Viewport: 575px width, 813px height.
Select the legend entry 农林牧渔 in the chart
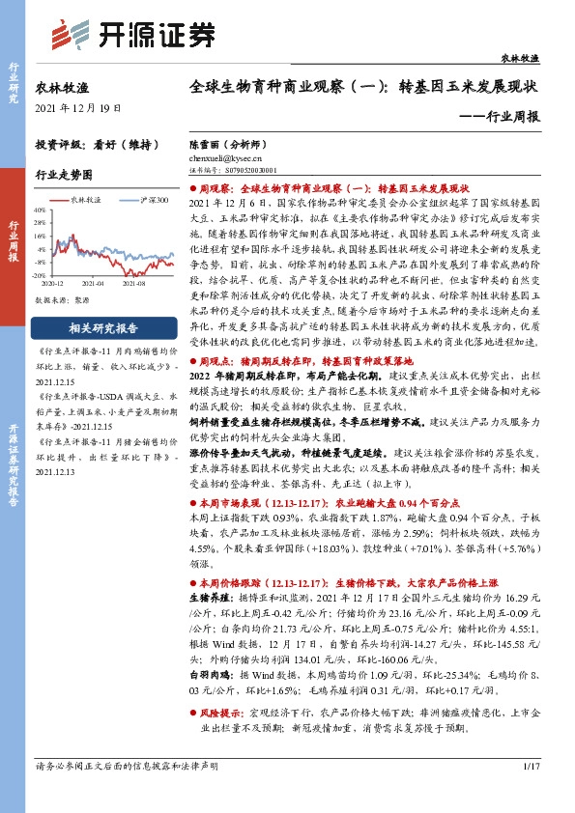point(86,199)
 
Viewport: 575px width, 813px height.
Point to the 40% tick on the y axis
point(41,209)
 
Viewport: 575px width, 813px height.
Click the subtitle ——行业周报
point(502,117)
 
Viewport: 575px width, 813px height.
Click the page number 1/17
point(529,794)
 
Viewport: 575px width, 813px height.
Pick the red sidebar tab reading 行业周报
point(14,245)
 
